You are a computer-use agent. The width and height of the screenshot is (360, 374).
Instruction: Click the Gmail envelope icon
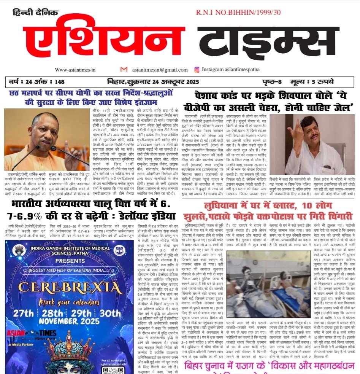[x=124, y=69]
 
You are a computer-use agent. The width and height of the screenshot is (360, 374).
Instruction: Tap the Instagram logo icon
[x=197, y=70]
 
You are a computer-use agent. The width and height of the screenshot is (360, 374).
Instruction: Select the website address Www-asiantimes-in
[x=75, y=70]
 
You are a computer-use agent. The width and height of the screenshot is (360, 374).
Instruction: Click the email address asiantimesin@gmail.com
[x=156, y=70]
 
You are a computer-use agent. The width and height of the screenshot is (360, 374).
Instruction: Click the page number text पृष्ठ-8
[x=273, y=81]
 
